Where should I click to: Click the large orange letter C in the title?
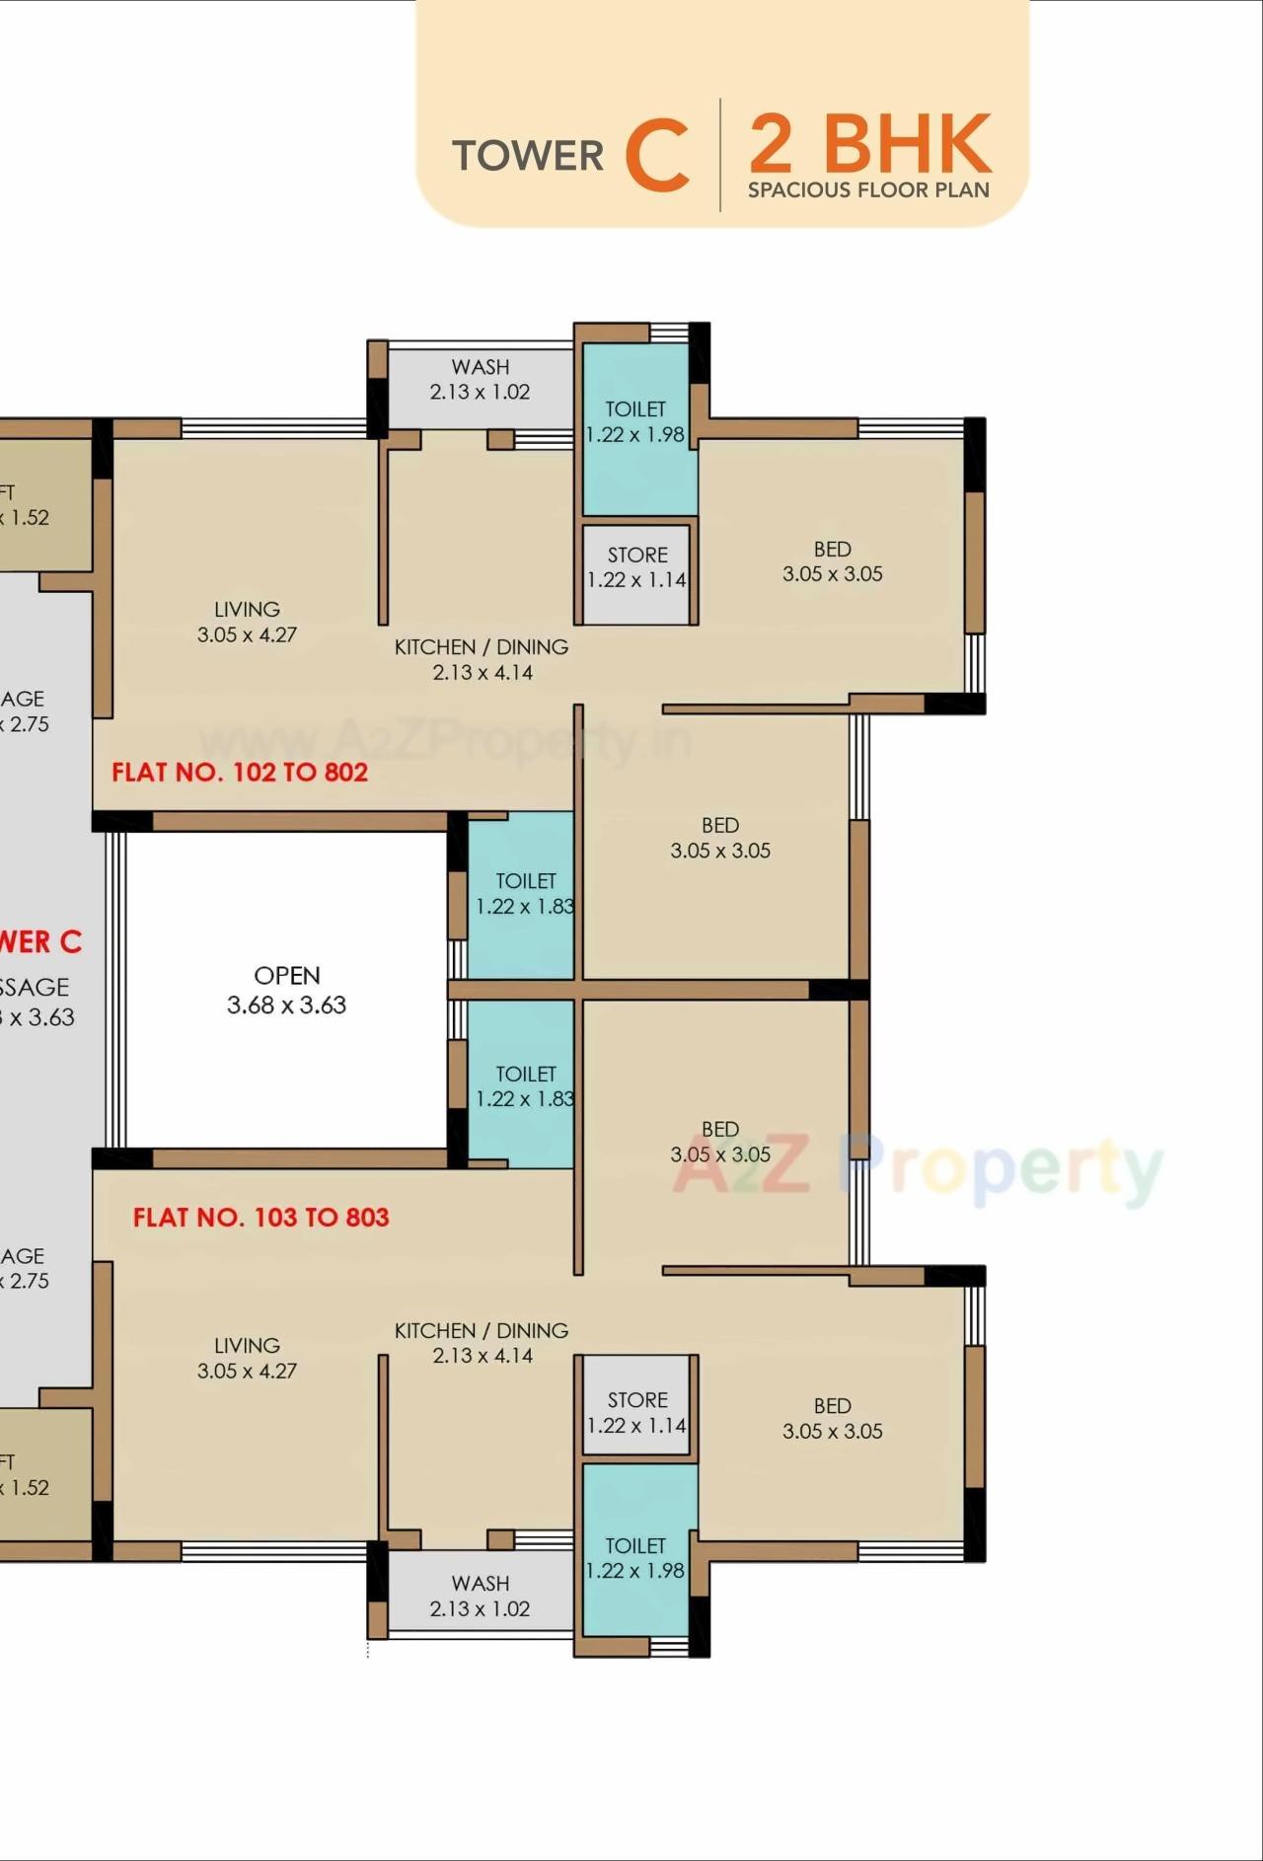656,155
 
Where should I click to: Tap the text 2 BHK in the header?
869,143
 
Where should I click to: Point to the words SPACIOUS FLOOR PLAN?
868,190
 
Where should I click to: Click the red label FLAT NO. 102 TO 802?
240,772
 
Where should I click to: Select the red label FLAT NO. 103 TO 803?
261,1217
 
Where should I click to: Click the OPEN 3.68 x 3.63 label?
286,990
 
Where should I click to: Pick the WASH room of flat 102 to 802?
480,380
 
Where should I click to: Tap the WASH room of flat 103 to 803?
480,1596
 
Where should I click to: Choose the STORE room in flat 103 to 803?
637,1412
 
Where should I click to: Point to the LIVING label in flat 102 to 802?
247,609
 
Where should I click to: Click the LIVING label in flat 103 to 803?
247,1345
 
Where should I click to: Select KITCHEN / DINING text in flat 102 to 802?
482,647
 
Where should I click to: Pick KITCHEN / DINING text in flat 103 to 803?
482,1330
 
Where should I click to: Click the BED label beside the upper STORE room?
832,550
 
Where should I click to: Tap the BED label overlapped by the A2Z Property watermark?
720,1129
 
